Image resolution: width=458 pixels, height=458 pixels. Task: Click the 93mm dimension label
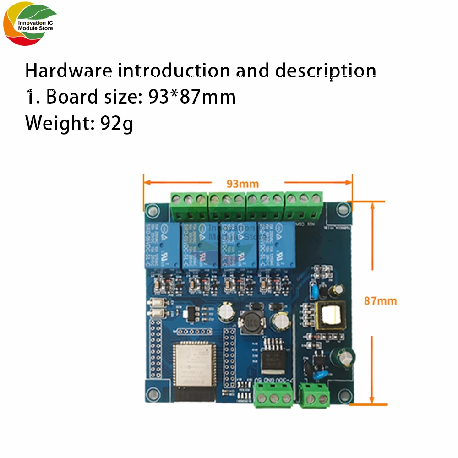[243, 184]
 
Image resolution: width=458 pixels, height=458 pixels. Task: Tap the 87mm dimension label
[380, 301]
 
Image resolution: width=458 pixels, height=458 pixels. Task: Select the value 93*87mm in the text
[192, 97]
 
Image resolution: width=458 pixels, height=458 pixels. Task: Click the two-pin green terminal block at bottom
[315, 395]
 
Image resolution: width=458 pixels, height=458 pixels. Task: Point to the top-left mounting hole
[151, 210]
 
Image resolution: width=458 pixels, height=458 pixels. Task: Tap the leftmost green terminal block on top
[188, 204]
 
